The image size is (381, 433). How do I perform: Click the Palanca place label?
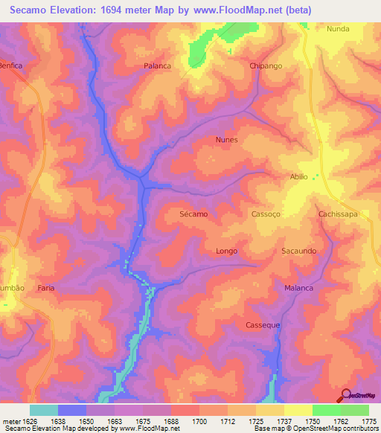point(157,65)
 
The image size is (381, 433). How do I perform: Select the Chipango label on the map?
point(266,65)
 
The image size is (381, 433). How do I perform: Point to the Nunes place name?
point(226,140)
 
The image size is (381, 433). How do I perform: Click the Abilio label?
point(298,177)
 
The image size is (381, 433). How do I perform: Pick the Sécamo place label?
point(193,214)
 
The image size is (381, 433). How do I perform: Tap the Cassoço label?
point(266,214)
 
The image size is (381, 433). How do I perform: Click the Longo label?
point(226,251)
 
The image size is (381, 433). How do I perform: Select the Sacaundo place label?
point(299,251)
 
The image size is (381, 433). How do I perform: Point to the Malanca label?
point(298,288)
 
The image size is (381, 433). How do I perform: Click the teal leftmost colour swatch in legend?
point(44,410)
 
